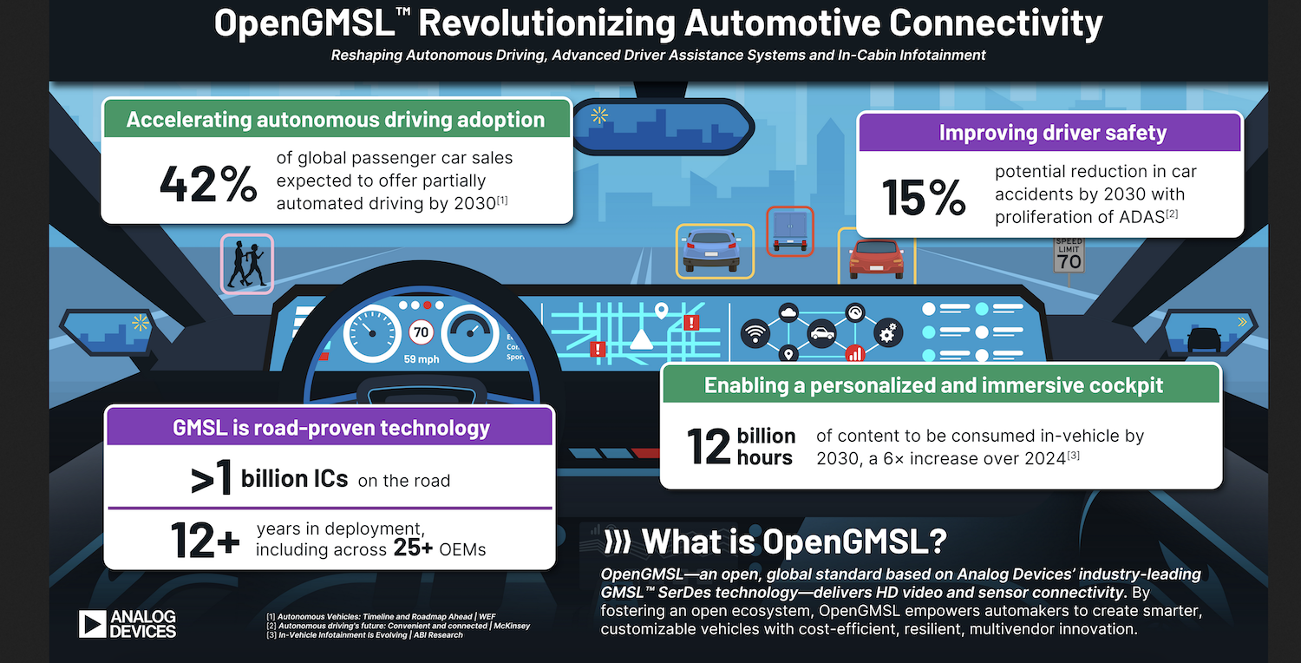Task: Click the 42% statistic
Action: point(208,185)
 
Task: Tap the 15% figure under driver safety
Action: point(924,198)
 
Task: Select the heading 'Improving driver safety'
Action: point(1052,133)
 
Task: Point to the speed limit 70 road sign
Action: point(1069,254)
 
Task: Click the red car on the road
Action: point(875,259)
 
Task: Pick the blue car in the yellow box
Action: point(713,250)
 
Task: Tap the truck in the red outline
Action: point(789,230)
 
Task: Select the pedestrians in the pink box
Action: point(246,264)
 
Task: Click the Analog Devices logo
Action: point(127,623)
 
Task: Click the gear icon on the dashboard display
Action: point(887,331)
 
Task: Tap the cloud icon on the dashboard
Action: point(788,312)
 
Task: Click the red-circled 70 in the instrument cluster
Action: point(421,331)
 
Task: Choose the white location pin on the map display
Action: point(661,310)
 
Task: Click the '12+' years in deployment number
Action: point(205,539)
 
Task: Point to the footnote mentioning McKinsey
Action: point(398,626)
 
